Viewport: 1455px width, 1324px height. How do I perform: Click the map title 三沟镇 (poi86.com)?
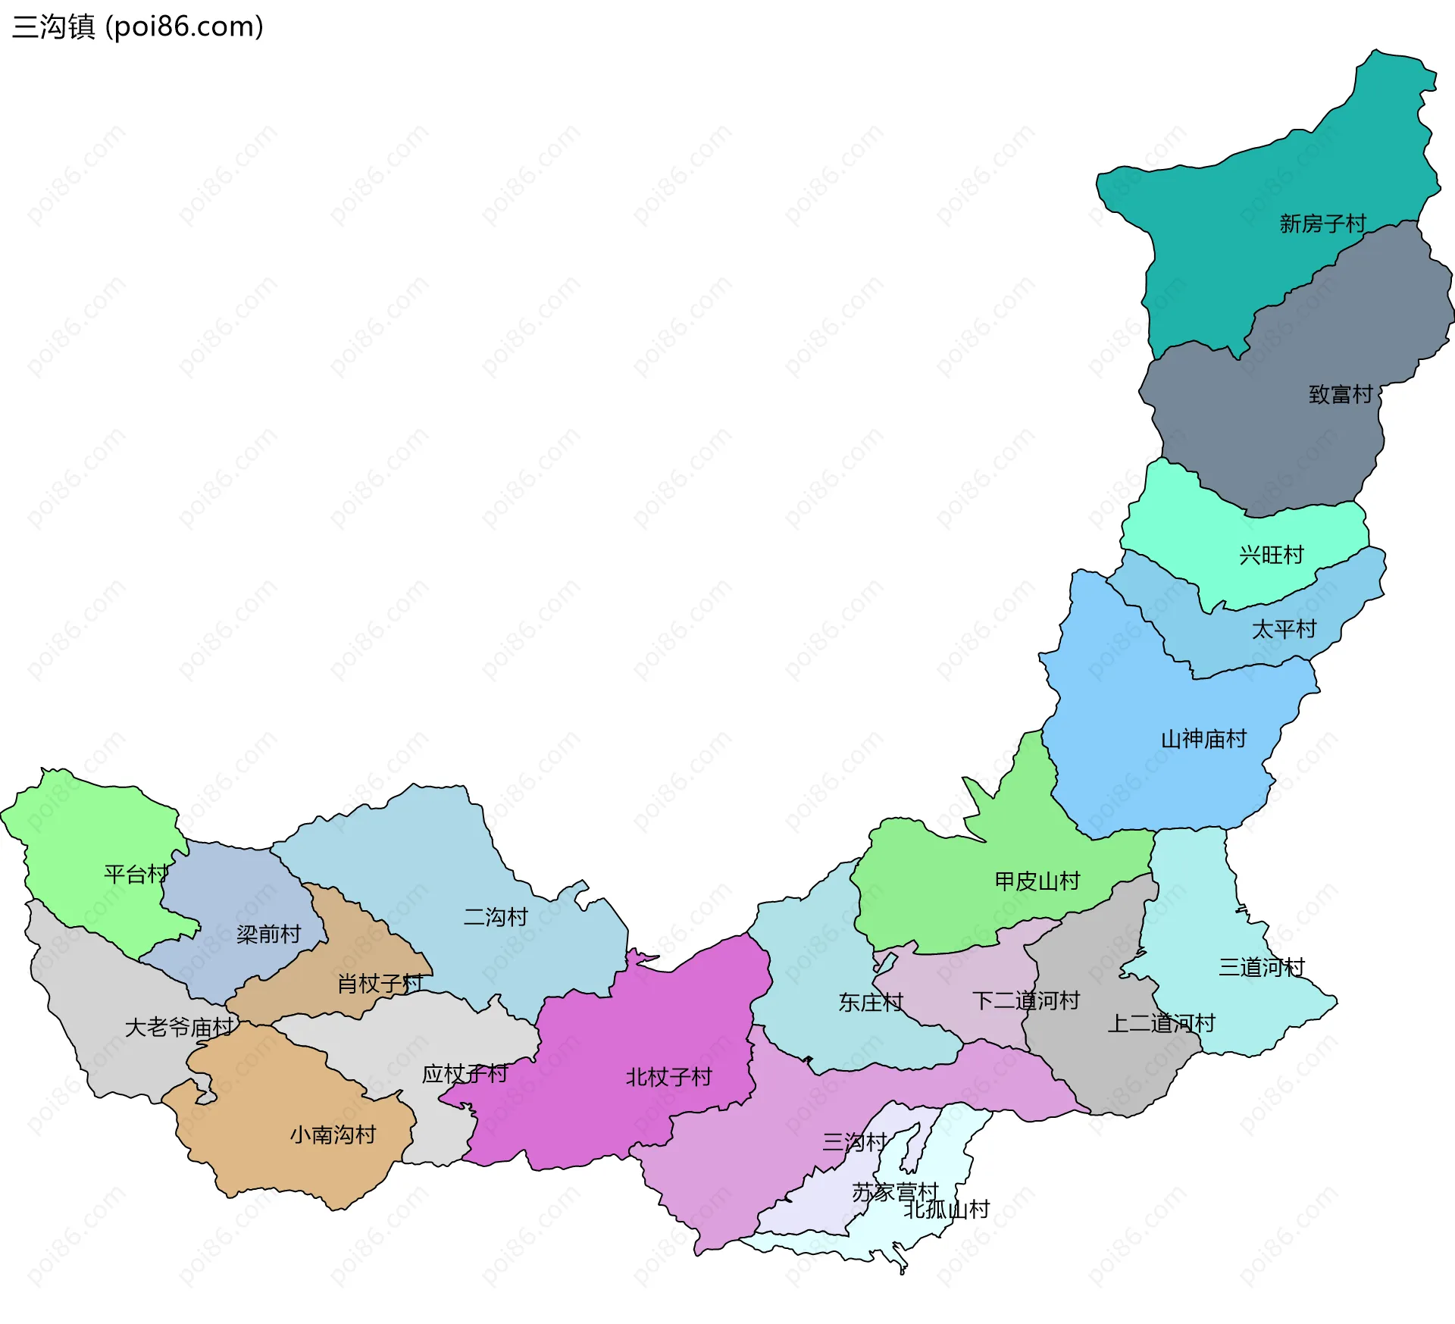click(138, 27)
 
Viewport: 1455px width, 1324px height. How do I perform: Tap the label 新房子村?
click(1322, 224)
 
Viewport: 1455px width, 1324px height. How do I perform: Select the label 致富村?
click(1341, 394)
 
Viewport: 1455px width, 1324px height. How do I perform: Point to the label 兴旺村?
click(1271, 555)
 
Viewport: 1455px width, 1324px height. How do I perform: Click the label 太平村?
click(1284, 629)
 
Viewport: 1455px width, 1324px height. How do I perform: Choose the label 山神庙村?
click(1203, 739)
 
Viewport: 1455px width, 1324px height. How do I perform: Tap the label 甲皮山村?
click(1037, 881)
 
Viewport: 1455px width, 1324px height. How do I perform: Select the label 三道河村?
click(1261, 967)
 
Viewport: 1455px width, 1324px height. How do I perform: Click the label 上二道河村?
click(1161, 1023)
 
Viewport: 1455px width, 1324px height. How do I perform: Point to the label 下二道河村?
click(1025, 1000)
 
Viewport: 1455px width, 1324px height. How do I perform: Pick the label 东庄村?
click(870, 1003)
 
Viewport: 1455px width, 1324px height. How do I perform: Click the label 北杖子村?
click(668, 1077)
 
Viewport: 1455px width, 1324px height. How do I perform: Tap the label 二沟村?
click(495, 917)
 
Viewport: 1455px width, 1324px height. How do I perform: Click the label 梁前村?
click(268, 934)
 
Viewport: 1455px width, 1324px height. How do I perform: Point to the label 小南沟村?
click(333, 1135)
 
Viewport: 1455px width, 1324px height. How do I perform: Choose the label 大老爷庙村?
click(179, 1028)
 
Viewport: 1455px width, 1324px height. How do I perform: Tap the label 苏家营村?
click(895, 1192)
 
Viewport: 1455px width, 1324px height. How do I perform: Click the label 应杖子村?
click(464, 1074)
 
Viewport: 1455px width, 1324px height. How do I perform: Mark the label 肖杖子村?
click(380, 984)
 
